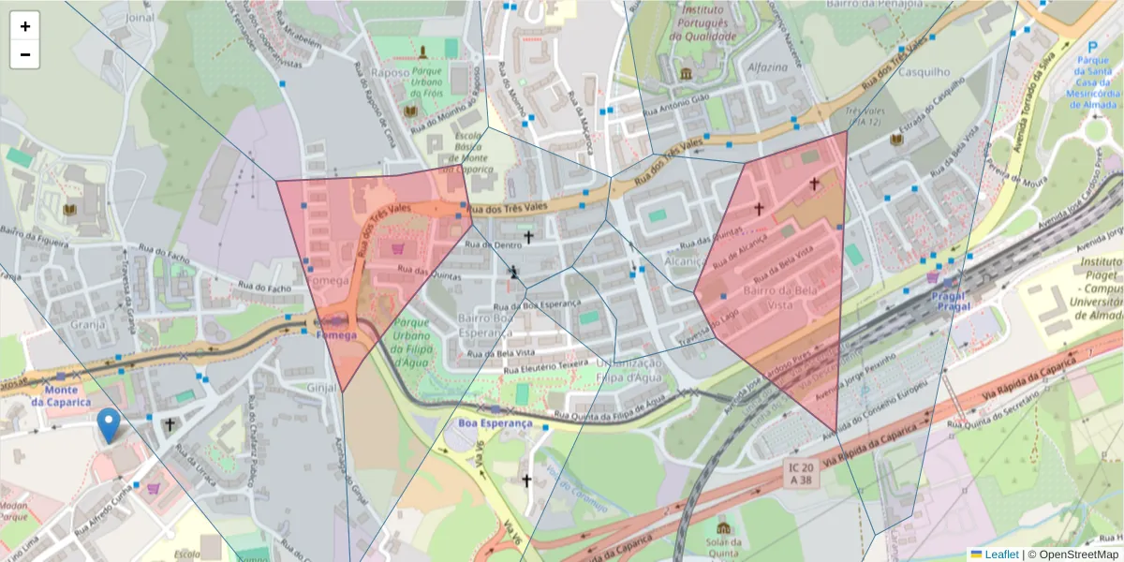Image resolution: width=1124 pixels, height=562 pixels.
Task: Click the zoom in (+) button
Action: click(25, 26)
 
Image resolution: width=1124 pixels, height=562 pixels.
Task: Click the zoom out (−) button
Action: click(25, 54)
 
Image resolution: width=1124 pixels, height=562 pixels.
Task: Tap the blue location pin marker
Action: click(109, 425)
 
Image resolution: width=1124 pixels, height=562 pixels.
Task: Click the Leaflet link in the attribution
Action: click(1001, 555)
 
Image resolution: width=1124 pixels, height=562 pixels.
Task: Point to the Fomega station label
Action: click(336, 334)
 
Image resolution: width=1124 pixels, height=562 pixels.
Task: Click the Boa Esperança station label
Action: click(495, 423)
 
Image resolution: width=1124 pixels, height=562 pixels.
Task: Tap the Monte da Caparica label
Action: click(61, 396)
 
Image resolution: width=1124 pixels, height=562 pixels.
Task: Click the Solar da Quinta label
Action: click(722, 546)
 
